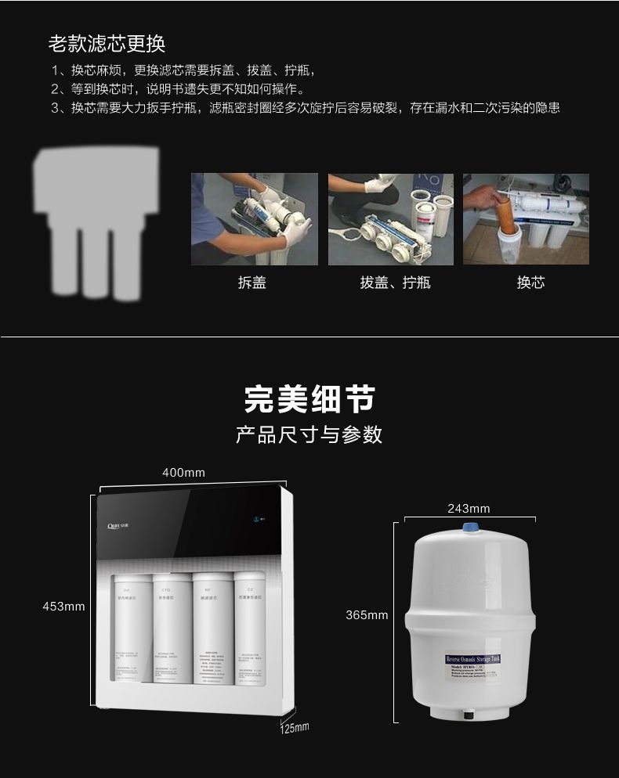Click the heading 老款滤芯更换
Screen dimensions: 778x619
(x=107, y=42)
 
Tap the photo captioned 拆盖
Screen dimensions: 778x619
(x=255, y=219)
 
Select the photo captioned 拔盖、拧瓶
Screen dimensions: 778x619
(x=390, y=219)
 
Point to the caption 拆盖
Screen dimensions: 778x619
(x=252, y=283)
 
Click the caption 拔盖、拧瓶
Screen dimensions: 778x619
(x=395, y=283)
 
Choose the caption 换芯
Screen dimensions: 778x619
(x=530, y=283)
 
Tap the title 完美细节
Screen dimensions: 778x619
(x=309, y=399)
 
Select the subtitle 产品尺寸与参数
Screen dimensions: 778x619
(x=309, y=434)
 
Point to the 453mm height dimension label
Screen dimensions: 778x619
(x=63, y=607)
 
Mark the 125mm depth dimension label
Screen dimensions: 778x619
(x=295, y=728)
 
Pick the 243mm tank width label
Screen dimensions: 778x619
(x=469, y=509)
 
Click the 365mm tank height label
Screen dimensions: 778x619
(x=367, y=615)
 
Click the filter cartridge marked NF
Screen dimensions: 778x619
(x=208, y=626)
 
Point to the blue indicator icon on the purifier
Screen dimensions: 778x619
(x=256, y=518)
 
